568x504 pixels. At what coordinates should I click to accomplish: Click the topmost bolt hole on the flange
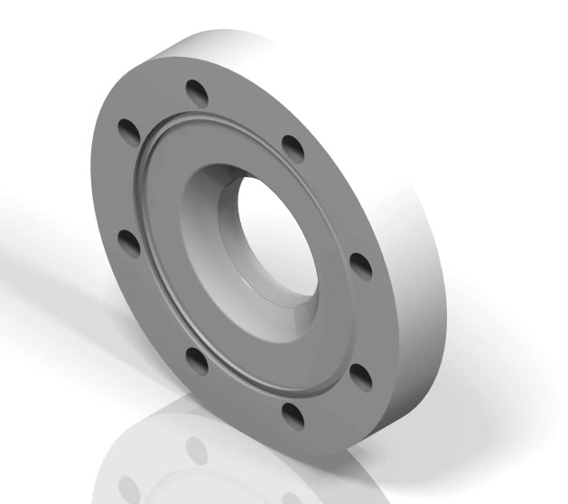click(x=196, y=92)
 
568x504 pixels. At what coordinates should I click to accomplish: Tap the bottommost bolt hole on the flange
click(x=293, y=415)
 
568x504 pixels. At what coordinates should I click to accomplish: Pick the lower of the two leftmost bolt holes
click(x=129, y=243)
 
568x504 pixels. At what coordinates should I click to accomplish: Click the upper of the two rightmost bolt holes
click(x=360, y=266)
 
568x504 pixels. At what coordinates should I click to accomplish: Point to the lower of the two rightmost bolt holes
click(x=360, y=375)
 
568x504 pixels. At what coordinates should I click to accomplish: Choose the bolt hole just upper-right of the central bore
click(x=293, y=147)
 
